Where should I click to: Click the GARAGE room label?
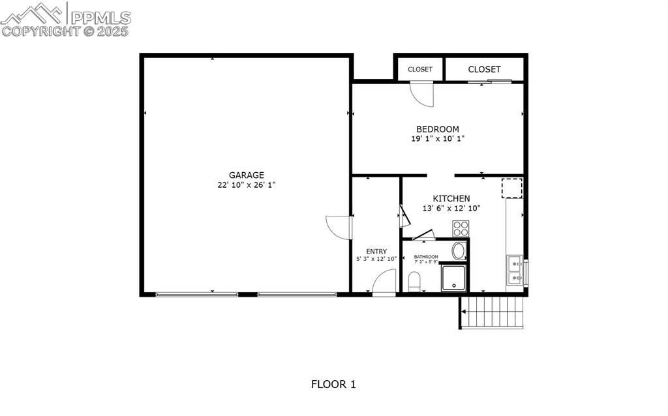coord(246,175)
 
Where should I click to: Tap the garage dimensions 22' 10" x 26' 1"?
coord(246,185)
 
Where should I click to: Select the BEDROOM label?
coord(438,129)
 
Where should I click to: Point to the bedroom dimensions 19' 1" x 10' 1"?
coord(438,139)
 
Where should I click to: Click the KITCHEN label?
coord(451,198)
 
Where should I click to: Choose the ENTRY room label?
coord(376,251)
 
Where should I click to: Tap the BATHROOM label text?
coord(426,257)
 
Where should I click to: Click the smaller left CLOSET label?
coord(420,69)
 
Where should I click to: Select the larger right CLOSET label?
coord(485,69)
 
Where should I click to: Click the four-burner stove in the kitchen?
coord(461,229)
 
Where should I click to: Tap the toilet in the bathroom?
coord(414,282)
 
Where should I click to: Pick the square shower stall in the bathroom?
coord(453,278)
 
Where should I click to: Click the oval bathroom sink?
coord(459,251)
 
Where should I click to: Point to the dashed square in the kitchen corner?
coord(511,188)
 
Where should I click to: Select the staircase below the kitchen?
coord(493,312)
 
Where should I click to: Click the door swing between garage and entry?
coord(339,227)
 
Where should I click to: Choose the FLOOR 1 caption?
coord(333,384)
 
